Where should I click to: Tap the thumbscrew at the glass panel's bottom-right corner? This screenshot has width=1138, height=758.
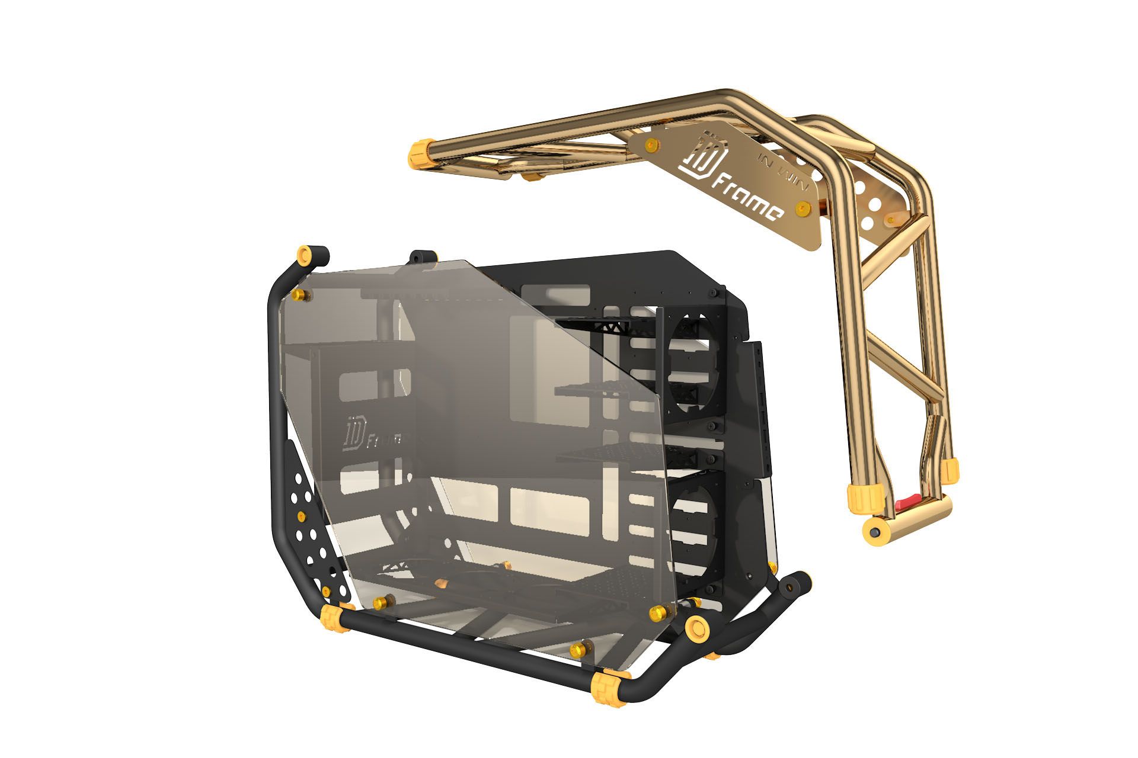click(x=658, y=611)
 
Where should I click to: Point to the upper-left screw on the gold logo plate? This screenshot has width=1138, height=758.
click(x=652, y=144)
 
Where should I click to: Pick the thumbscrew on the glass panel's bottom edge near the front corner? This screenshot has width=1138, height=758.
click(x=577, y=650)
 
